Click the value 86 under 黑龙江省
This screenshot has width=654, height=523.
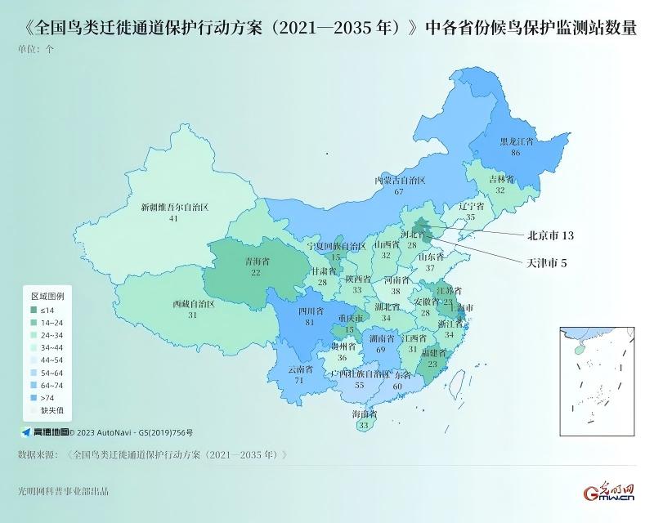(x=516, y=152)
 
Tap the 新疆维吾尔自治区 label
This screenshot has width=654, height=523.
(x=175, y=208)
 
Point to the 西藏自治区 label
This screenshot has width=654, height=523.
(x=193, y=304)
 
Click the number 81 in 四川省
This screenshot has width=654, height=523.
(x=310, y=322)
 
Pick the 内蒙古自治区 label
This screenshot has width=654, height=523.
(x=400, y=180)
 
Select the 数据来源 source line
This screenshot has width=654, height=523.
(x=152, y=454)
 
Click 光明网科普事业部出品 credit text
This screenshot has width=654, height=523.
(x=63, y=492)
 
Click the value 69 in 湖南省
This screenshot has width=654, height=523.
(x=380, y=349)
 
